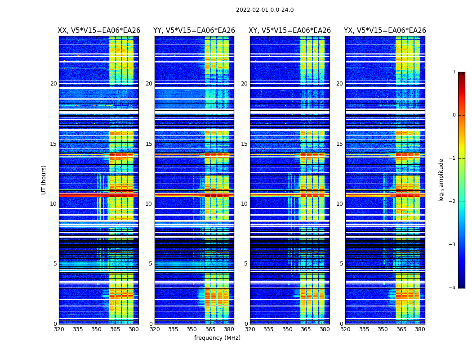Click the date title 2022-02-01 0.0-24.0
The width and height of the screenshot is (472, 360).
(265, 10)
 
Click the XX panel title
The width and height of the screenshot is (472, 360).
(99, 31)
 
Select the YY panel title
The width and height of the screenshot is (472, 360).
(194, 31)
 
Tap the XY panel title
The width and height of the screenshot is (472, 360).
(290, 31)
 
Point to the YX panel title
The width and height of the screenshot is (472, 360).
(385, 31)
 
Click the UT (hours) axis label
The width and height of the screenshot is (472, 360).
(44, 180)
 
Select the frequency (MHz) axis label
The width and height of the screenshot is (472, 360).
(217, 338)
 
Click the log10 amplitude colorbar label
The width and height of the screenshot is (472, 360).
(441, 180)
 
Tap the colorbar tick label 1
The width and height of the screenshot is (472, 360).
(454, 72)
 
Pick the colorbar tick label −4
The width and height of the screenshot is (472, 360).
(453, 288)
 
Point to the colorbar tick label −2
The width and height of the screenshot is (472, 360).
(453, 202)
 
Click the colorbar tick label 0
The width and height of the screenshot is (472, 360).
(454, 115)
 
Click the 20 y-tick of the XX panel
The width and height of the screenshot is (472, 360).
(53, 84)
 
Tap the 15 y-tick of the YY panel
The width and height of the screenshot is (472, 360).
(149, 144)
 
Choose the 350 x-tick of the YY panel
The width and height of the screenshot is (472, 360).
(192, 329)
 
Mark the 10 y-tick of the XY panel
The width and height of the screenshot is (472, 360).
(244, 204)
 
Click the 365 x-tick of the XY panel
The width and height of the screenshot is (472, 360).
(306, 329)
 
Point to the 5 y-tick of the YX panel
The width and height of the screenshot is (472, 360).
(341, 264)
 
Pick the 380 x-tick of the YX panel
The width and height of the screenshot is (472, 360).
(420, 329)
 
